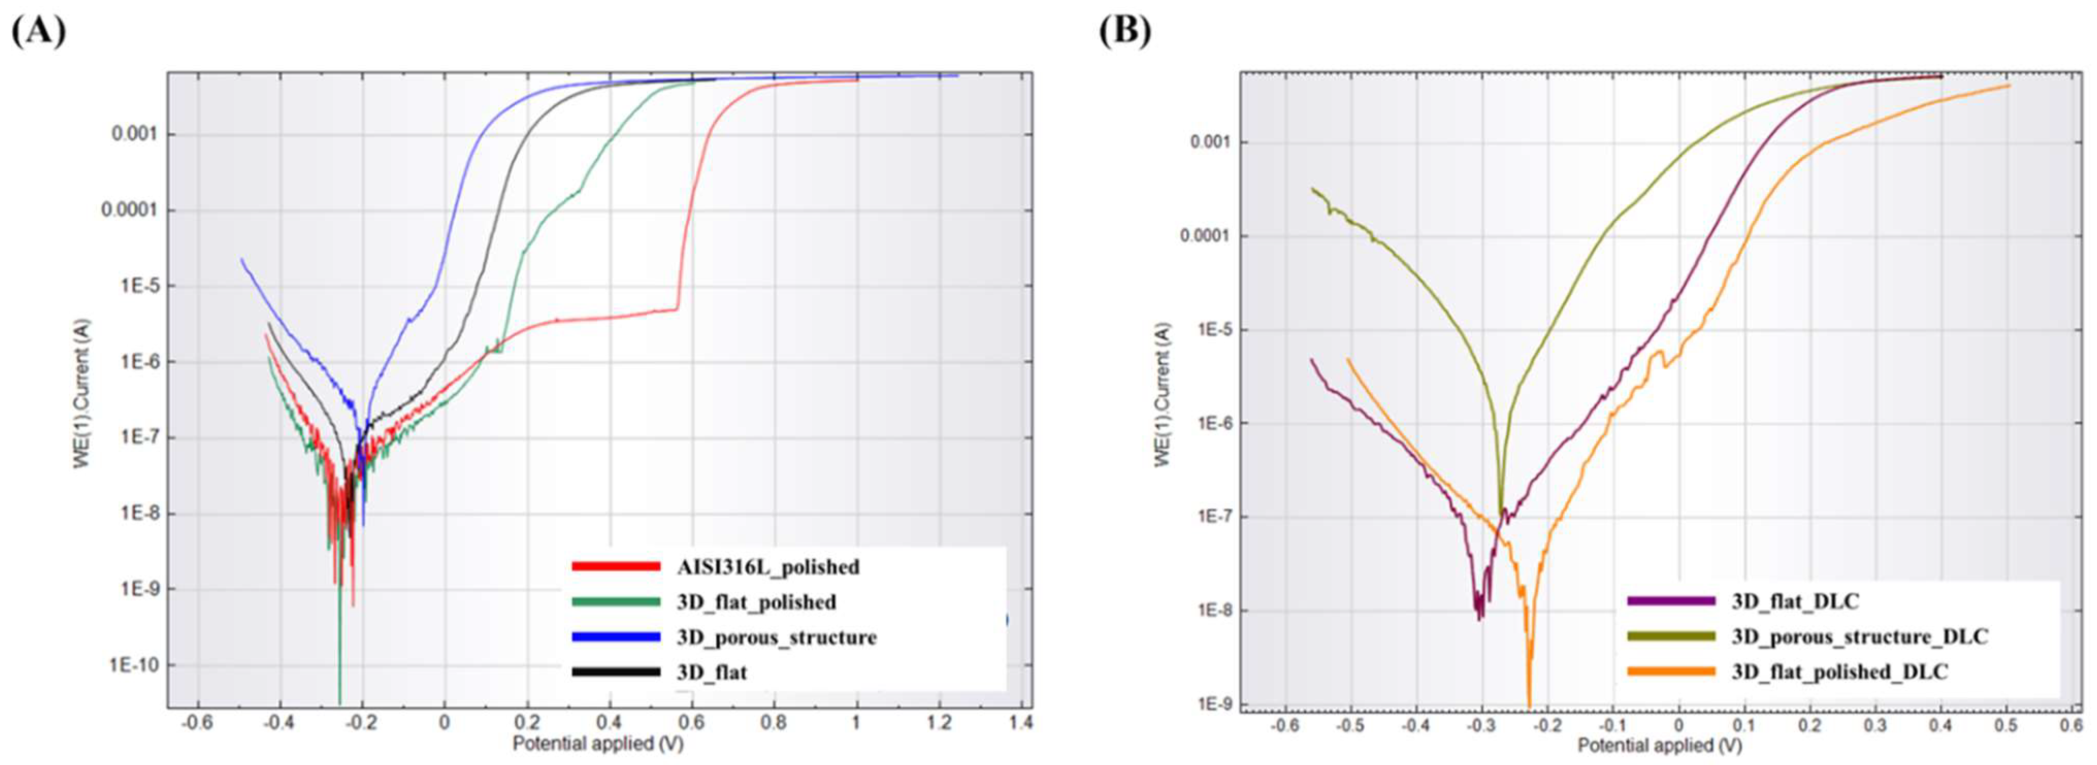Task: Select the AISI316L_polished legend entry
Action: (x=767, y=567)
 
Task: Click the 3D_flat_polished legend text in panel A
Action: (x=756, y=602)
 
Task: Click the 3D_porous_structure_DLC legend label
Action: (x=1859, y=637)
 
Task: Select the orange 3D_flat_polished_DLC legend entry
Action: (x=1839, y=672)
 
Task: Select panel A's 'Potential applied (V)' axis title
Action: (x=598, y=742)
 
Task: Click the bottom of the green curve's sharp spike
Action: (x=339, y=702)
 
